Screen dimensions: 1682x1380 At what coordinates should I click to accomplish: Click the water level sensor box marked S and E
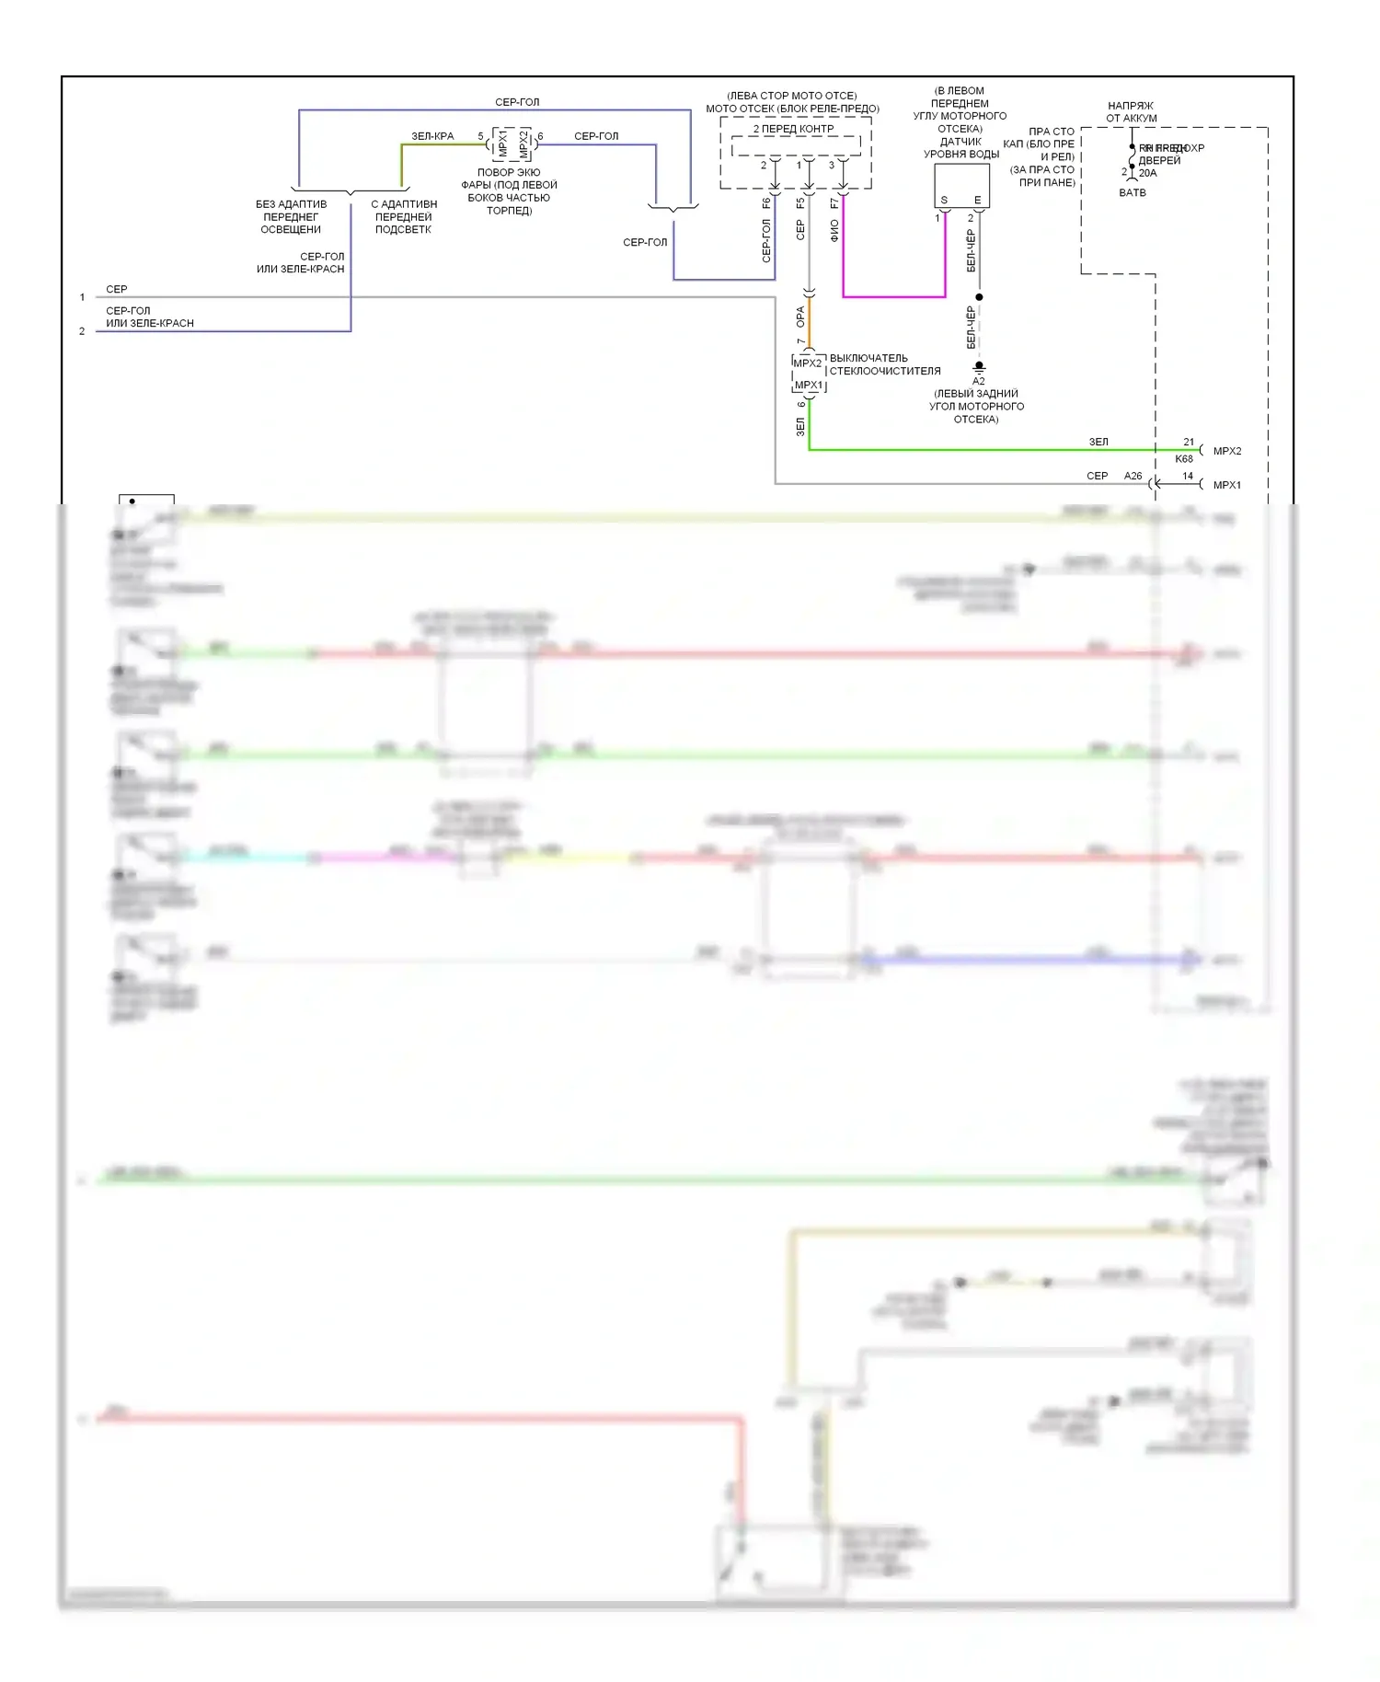961,185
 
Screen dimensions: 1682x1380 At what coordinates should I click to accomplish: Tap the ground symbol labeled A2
979,368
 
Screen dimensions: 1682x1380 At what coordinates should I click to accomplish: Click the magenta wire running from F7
893,296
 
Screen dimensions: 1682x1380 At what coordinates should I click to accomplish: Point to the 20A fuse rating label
1148,173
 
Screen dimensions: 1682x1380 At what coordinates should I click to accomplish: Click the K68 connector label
1184,458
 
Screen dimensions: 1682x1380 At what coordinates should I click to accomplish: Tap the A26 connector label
1133,476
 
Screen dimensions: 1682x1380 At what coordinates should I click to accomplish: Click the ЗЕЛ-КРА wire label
432,136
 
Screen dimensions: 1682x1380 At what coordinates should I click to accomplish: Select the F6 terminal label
766,202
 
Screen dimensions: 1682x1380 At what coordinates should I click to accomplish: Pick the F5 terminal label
800,202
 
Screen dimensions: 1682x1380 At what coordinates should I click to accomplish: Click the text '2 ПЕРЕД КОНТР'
793,129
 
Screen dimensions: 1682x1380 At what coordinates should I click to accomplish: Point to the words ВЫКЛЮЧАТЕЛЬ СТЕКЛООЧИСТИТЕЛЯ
884,364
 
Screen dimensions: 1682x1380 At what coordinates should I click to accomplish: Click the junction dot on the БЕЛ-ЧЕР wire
979,297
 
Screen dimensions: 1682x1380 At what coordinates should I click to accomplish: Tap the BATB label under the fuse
1133,192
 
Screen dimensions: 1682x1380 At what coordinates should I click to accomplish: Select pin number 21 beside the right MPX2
1189,442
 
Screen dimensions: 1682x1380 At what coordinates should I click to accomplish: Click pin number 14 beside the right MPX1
1188,476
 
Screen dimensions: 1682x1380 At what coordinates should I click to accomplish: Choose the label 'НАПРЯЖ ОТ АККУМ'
1131,112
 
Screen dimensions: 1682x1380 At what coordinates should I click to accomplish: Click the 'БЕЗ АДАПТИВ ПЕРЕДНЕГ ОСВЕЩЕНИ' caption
291,217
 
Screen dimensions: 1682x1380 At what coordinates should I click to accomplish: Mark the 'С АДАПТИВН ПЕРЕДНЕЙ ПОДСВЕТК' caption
404,217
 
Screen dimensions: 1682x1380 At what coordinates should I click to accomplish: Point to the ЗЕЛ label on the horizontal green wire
1098,442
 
